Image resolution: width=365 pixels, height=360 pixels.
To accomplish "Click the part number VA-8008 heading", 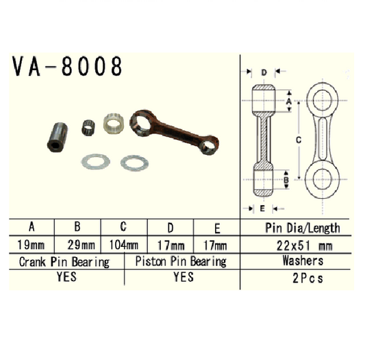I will [x=67, y=67].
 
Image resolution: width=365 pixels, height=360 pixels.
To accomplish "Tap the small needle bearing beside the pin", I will [x=87, y=127].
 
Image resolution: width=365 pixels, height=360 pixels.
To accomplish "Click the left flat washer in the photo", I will [x=95, y=163].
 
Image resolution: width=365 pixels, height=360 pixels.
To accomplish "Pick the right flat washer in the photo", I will [x=134, y=163].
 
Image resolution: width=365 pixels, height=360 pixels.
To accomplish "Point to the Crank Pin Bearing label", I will [x=64, y=262].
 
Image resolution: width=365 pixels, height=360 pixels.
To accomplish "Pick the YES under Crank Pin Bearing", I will [x=64, y=278].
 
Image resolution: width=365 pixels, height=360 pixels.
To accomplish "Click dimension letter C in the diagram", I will [x=297, y=139].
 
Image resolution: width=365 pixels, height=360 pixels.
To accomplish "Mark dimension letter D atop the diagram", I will [x=263, y=72].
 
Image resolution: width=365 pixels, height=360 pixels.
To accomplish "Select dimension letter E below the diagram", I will [x=262, y=206].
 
